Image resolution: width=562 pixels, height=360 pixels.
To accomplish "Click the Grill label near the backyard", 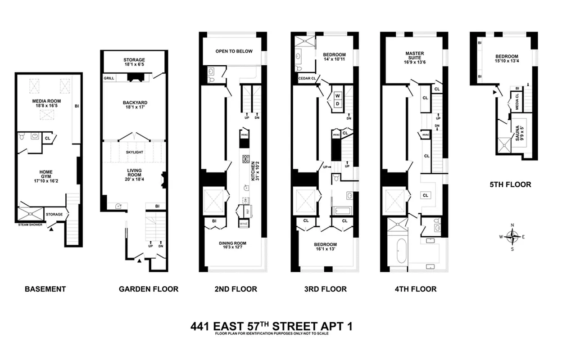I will point(109,78).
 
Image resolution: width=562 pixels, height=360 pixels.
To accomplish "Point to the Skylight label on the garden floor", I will point(134,152).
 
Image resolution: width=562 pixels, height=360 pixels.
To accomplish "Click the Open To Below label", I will point(234,51).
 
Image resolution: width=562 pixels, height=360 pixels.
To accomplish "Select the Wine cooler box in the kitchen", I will point(244,223).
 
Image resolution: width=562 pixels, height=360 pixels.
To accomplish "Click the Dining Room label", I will point(232,243).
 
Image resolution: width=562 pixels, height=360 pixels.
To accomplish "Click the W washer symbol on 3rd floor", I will point(337,95).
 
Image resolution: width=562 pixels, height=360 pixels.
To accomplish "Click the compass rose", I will point(512,236).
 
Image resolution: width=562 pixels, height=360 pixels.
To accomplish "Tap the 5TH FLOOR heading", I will point(510,184).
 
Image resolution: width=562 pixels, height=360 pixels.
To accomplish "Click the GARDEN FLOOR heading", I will point(149,289).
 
